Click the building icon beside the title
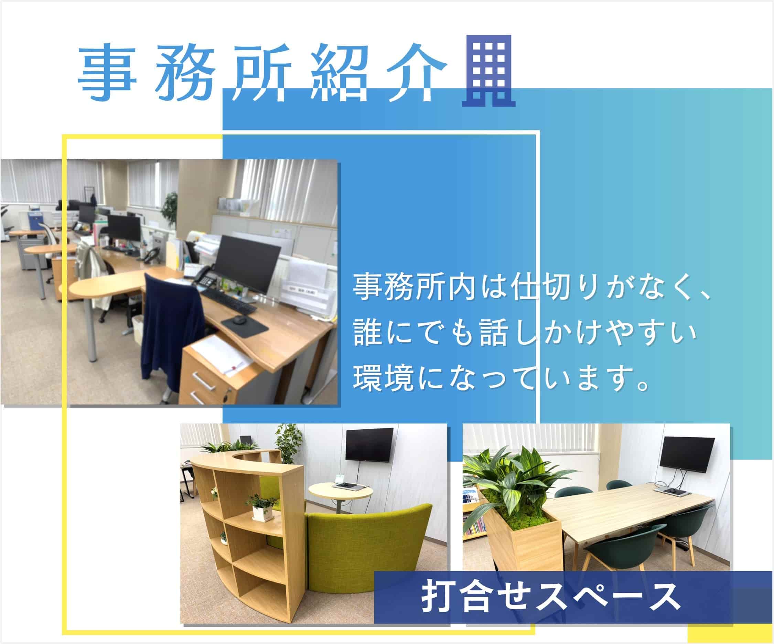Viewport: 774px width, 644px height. [x=489, y=71]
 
